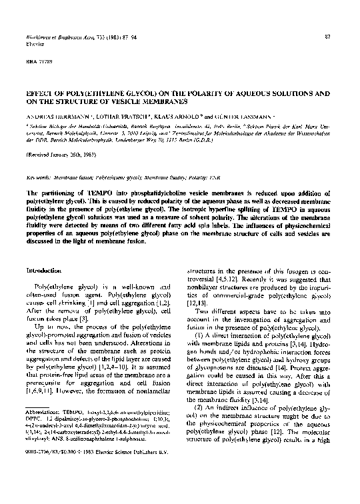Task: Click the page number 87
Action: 327,35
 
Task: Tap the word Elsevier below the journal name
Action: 34,43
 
